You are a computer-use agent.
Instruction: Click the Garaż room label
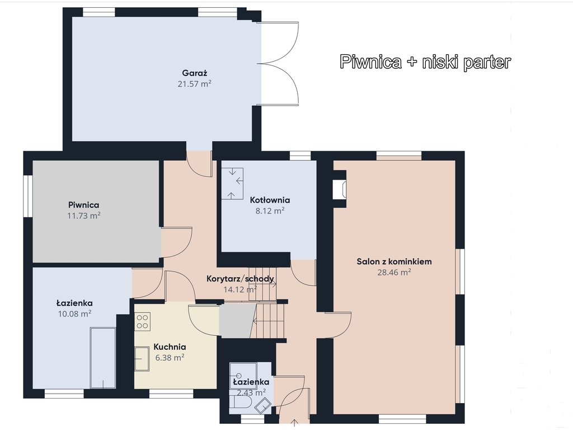point(194,73)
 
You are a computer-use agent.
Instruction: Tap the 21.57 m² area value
point(194,84)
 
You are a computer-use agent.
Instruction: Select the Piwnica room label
point(84,205)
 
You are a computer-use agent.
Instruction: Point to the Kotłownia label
point(270,200)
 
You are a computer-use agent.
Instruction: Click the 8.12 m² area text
point(270,211)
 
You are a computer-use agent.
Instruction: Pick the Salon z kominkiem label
point(394,261)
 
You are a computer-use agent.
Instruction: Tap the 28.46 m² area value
point(394,272)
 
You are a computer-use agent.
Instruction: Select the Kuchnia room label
point(170,347)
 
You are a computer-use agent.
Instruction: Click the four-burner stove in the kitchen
point(142,322)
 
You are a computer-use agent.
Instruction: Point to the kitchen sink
point(142,359)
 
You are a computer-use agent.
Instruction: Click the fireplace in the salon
point(340,190)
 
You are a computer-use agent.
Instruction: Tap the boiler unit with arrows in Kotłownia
point(232,184)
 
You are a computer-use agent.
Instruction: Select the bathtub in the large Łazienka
point(103,358)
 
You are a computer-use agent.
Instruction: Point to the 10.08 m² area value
point(74,314)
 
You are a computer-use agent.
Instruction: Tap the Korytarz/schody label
point(240,279)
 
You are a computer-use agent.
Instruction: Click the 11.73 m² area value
point(84,216)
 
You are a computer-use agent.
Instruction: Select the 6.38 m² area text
point(170,358)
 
